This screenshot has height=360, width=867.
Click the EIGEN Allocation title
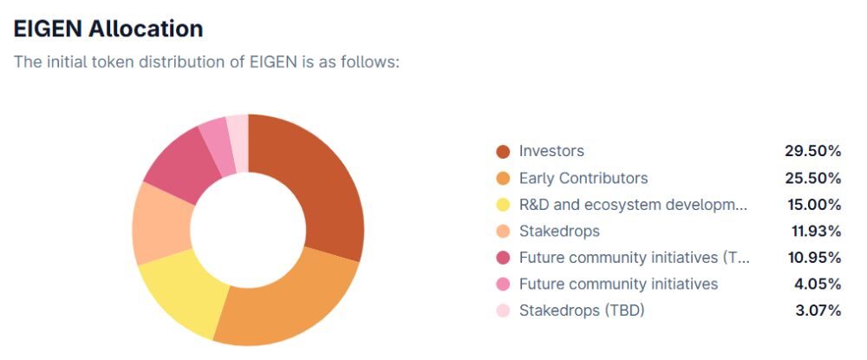click(x=108, y=28)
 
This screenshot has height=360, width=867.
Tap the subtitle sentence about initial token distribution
click(x=205, y=62)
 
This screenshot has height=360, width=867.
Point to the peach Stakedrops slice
click(x=160, y=224)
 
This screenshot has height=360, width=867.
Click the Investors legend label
click(x=551, y=151)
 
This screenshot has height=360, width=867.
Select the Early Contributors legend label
click(x=583, y=178)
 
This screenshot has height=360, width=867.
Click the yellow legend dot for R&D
click(x=503, y=206)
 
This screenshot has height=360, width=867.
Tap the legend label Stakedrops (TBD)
click(x=582, y=310)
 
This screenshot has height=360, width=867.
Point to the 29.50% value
click(x=812, y=151)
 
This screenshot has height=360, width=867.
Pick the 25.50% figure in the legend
click(x=812, y=178)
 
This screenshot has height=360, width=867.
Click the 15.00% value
click(x=812, y=205)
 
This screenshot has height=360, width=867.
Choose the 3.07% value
click(x=817, y=310)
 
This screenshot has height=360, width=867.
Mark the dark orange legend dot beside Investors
click(x=503, y=152)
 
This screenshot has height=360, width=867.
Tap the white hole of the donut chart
click(x=248, y=230)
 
